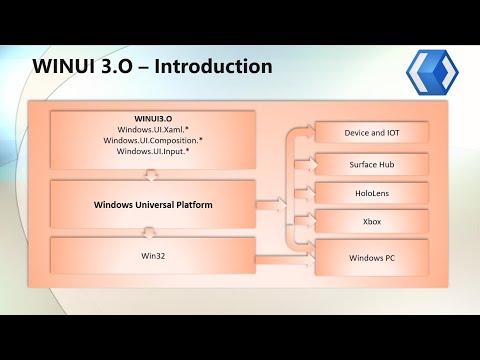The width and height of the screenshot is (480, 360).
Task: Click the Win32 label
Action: pos(149,255)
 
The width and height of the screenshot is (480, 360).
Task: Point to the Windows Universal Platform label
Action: pos(149,205)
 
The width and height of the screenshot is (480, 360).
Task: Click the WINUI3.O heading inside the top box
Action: pos(149,116)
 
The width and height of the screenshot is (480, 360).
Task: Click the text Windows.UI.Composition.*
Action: pos(149,140)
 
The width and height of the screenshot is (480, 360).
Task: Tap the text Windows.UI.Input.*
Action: pos(149,152)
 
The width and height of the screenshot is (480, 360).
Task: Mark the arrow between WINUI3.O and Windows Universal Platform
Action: pos(149,174)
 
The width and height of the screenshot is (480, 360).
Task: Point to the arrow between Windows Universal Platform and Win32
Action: pos(149,232)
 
